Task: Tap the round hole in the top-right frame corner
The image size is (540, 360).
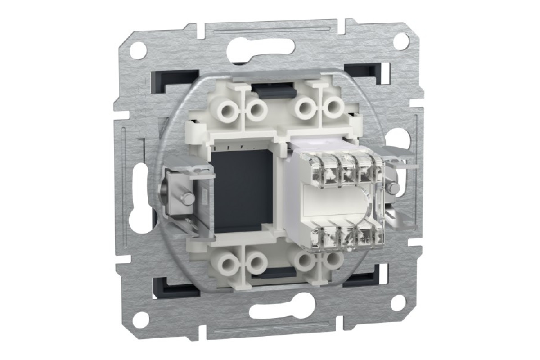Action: [400, 41]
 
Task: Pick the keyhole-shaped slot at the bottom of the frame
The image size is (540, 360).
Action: [269, 311]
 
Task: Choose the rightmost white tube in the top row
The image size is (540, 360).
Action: [333, 108]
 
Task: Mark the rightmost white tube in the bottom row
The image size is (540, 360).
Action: [332, 260]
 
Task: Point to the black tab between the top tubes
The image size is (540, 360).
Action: [274, 91]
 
